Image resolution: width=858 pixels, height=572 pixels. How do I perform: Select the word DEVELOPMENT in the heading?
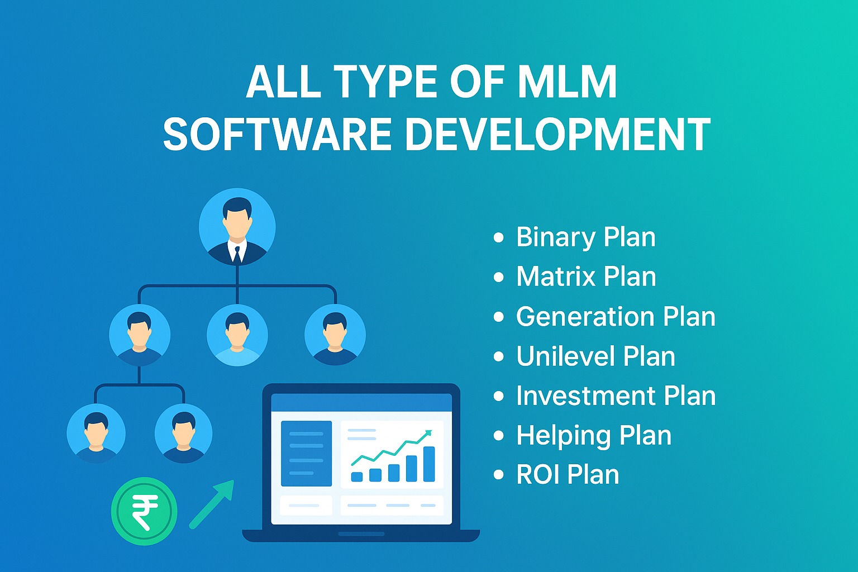[x=557, y=135]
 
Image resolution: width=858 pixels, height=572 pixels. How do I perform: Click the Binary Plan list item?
[x=585, y=237]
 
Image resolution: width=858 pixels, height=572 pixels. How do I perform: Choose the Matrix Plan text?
[x=586, y=277]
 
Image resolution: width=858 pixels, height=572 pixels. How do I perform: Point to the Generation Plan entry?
[x=616, y=316]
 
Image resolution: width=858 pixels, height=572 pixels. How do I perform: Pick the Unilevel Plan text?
[x=595, y=356]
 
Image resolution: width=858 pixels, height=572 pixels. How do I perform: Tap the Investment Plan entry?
[x=616, y=396]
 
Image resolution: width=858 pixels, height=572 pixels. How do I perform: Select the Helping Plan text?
[x=593, y=436]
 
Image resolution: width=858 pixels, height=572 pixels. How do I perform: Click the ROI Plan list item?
[x=568, y=475]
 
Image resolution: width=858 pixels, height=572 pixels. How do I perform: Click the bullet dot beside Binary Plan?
[x=499, y=237]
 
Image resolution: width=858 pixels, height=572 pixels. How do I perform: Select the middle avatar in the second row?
[x=237, y=335]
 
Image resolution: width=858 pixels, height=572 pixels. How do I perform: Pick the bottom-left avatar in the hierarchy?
[x=96, y=433]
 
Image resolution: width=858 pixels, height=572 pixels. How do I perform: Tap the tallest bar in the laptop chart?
[x=429, y=464]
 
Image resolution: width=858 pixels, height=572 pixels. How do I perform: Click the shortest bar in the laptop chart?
[x=356, y=476]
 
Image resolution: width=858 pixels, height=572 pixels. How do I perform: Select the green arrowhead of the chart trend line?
[x=428, y=433]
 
